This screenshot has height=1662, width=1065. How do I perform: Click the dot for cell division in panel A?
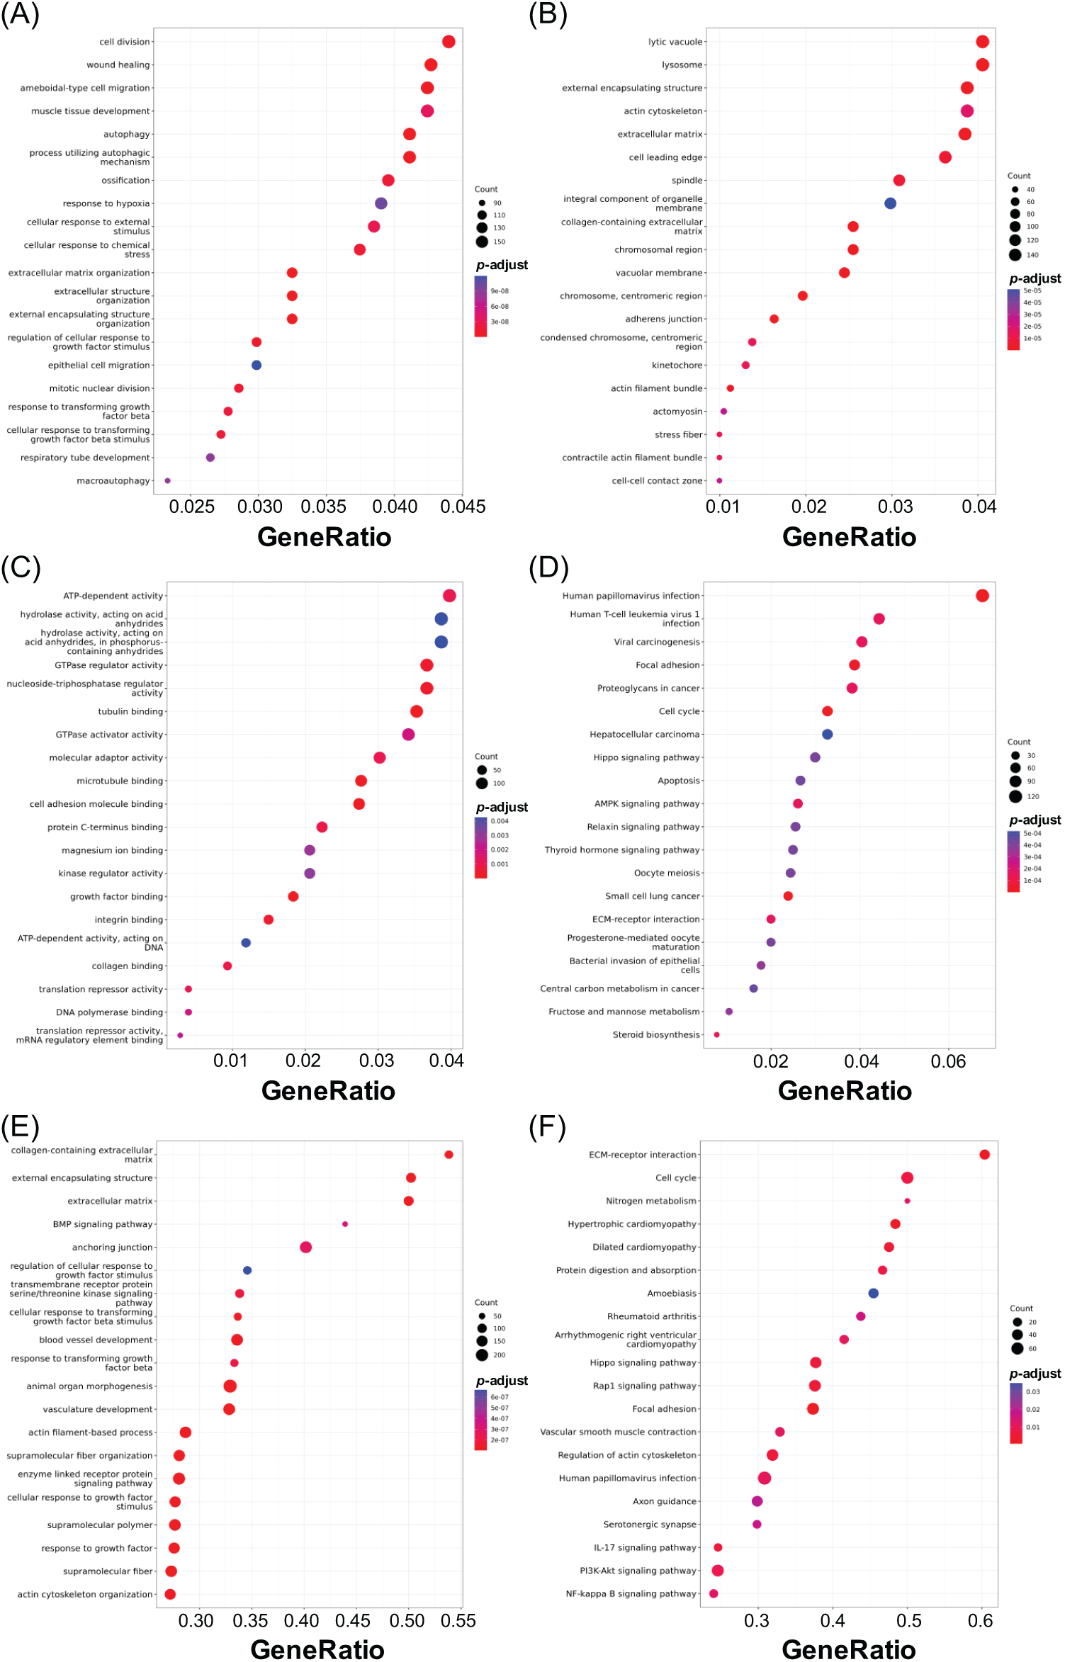click(449, 42)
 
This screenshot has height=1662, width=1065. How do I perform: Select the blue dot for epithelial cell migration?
click(257, 366)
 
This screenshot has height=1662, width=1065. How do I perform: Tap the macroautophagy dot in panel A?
click(168, 481)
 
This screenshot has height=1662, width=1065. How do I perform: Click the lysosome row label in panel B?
click(682, 65)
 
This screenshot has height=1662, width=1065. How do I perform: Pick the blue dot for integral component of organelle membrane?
click(891, 203)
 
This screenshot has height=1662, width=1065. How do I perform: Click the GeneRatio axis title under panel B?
click(849, 538)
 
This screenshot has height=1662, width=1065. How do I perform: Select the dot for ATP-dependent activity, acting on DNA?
click(246, 943)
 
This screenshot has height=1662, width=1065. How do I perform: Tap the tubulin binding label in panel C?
click(130, 712)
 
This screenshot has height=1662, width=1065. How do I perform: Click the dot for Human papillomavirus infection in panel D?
click(982, 596)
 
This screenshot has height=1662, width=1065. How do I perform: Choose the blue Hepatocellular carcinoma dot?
click(828, 735)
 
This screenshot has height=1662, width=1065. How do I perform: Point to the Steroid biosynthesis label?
click(656, 1035)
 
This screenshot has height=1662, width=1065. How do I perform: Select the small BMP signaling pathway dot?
click(345, 1224)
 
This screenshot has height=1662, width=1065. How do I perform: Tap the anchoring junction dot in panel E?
click(305, 1248)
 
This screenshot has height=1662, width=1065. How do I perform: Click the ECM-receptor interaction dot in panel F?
click(985, 1155)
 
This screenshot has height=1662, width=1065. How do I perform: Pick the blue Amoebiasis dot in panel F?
click(874, 1294)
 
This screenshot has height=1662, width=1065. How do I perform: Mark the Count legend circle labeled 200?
click(483, 1355)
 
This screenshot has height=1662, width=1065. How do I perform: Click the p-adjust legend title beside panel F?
click(1035, 1374)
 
